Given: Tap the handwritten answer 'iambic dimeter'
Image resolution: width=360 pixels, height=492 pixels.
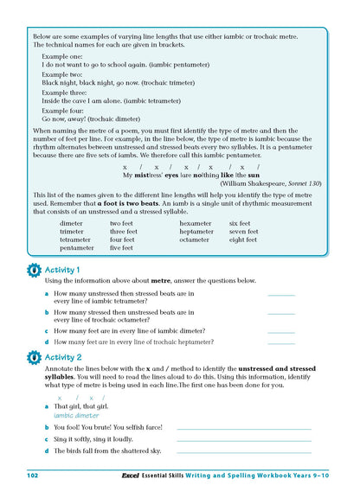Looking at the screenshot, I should coord(76,415).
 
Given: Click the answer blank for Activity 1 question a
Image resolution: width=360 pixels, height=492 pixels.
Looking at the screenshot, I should coord(281,296).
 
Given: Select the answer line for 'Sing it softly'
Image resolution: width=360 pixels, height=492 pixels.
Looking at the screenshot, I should coord(243,440).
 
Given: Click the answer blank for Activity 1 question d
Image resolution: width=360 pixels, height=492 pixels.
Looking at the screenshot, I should coord(281,343).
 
